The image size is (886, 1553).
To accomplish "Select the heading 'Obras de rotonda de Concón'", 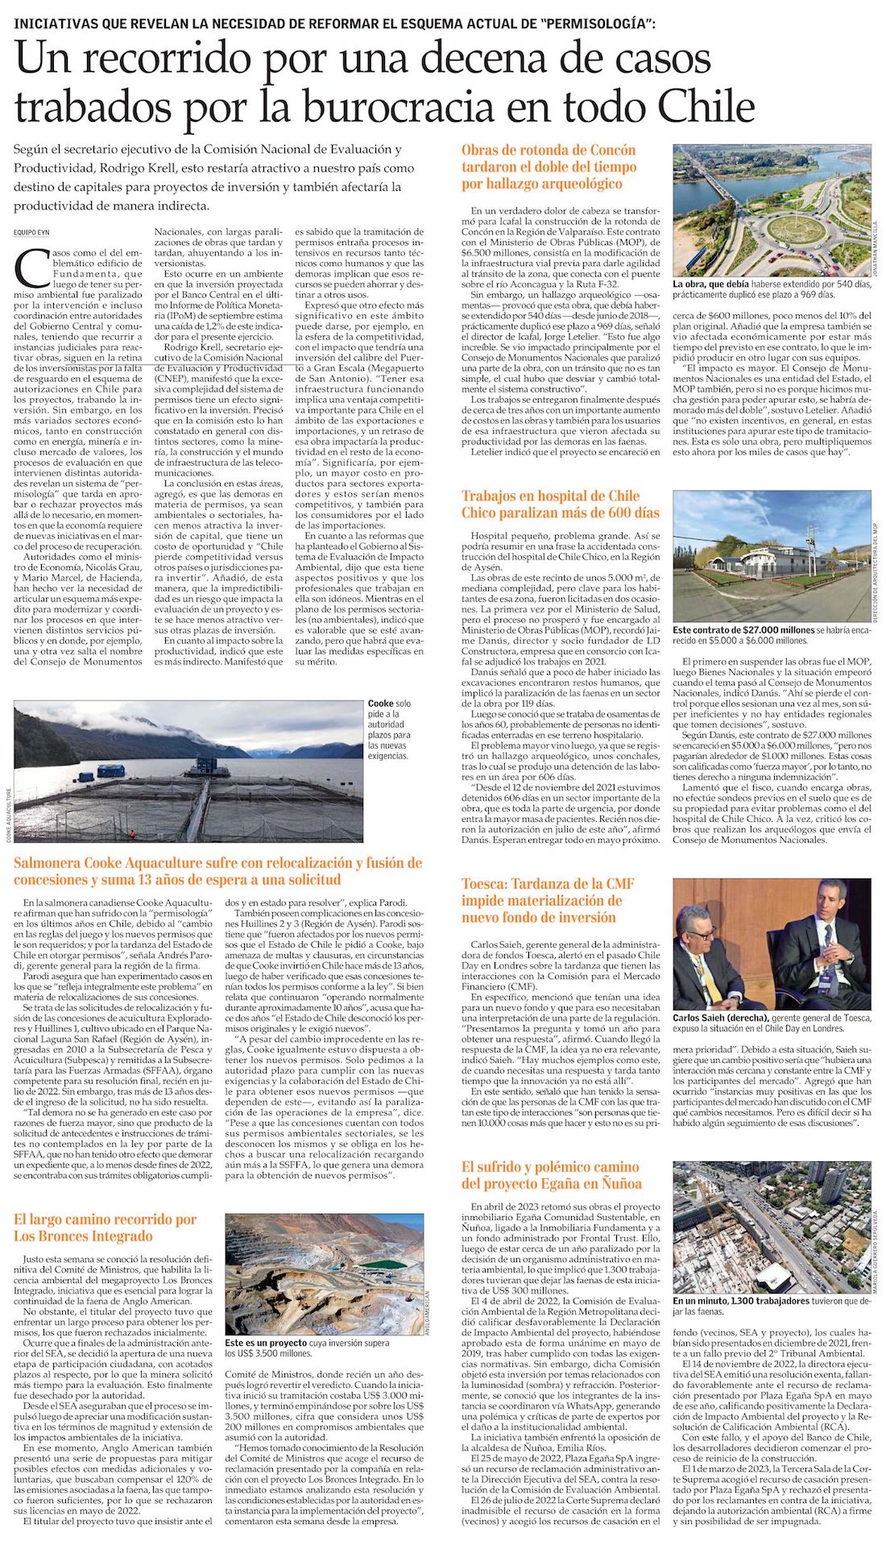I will (549, 151).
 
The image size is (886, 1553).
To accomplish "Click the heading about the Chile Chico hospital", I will (561, 505).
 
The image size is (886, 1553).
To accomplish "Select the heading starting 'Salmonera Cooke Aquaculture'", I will (217, 871).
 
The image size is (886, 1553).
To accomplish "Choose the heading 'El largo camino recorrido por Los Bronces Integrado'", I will (105, 1227).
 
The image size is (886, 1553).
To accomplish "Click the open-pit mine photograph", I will (324, 1272).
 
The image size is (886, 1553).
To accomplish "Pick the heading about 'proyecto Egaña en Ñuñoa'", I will (551, 1175).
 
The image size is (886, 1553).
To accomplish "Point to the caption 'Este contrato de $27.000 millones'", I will (743, 630).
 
